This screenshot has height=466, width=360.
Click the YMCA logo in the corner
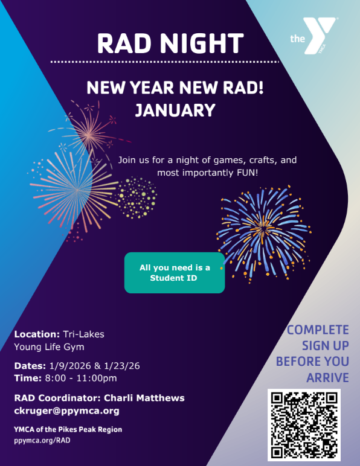click(313, 36)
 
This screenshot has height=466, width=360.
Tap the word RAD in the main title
click(124, 43)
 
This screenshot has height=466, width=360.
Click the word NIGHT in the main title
click(202, 43)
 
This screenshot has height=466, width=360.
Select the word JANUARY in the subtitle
click(175, 110)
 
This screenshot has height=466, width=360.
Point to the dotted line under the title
click(165, 62)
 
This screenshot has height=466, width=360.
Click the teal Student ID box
click(175, 273)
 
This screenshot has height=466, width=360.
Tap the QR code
click(304, 425)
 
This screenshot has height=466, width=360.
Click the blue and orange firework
click(263, 233)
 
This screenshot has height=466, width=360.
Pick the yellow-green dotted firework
click(137, 197)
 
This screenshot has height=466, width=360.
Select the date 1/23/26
click(121, 366)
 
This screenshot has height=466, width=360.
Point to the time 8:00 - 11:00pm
click(81, 378)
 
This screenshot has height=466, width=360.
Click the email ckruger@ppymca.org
click(66, 411)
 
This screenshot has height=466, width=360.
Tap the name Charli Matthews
click(144, 398)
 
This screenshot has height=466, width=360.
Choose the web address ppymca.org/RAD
click(42, 441)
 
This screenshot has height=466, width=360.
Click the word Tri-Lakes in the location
click(83, 334)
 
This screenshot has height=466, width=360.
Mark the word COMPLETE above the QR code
click(318, 330)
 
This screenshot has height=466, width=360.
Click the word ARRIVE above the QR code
click(327, 378)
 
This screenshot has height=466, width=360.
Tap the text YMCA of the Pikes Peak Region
click(68, 429)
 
